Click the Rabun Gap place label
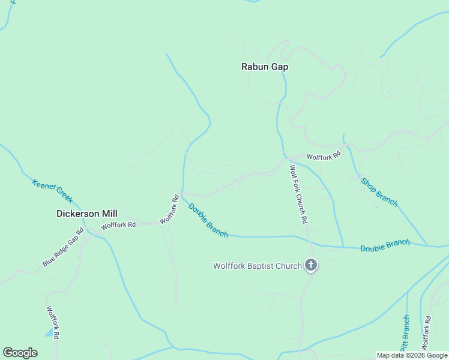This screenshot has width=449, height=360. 265,67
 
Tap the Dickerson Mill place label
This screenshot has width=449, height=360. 86,213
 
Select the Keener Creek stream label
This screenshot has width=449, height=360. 52,191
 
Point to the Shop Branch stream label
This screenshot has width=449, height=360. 379,191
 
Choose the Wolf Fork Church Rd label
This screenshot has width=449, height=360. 298,194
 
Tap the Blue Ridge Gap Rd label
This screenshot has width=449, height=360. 63,247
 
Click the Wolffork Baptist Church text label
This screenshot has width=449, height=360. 258,266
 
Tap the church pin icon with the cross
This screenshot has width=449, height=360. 311,265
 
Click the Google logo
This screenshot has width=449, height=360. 20,353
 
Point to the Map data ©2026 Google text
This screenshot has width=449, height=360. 412,355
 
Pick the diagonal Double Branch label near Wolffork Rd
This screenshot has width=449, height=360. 208,220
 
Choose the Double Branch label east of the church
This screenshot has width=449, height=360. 385,245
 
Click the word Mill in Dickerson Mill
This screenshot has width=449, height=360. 109,213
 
